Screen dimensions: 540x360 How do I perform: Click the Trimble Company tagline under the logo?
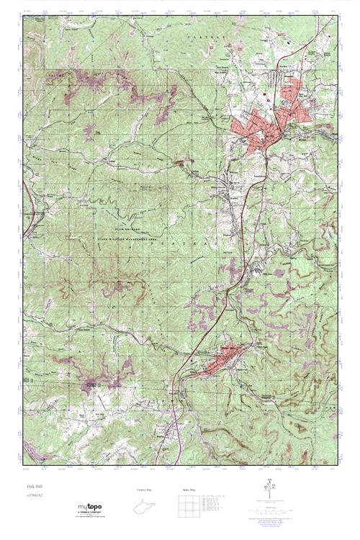click(89, 514)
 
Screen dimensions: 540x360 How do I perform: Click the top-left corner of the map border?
click(23, 17)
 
